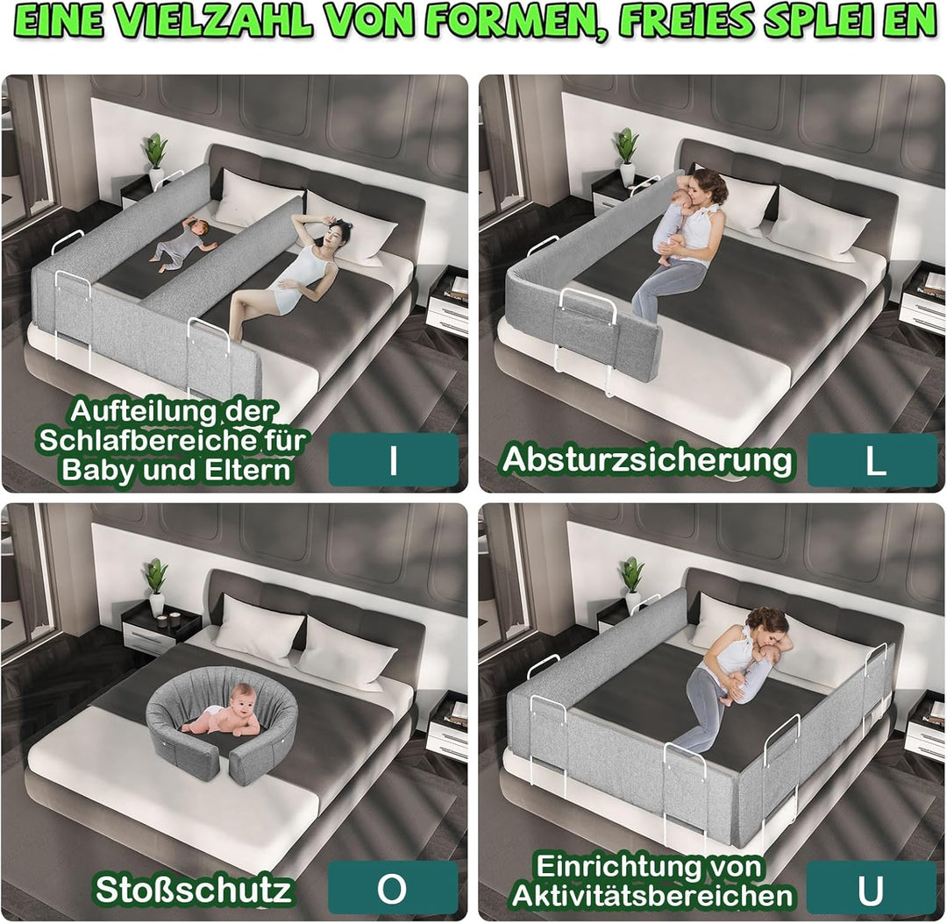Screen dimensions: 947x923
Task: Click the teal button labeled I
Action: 393,460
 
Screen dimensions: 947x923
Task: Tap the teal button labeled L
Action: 872,460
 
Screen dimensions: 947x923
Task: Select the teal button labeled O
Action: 393,888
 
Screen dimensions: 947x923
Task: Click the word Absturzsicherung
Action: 647,460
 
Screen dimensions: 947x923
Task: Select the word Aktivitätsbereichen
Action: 652,895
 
